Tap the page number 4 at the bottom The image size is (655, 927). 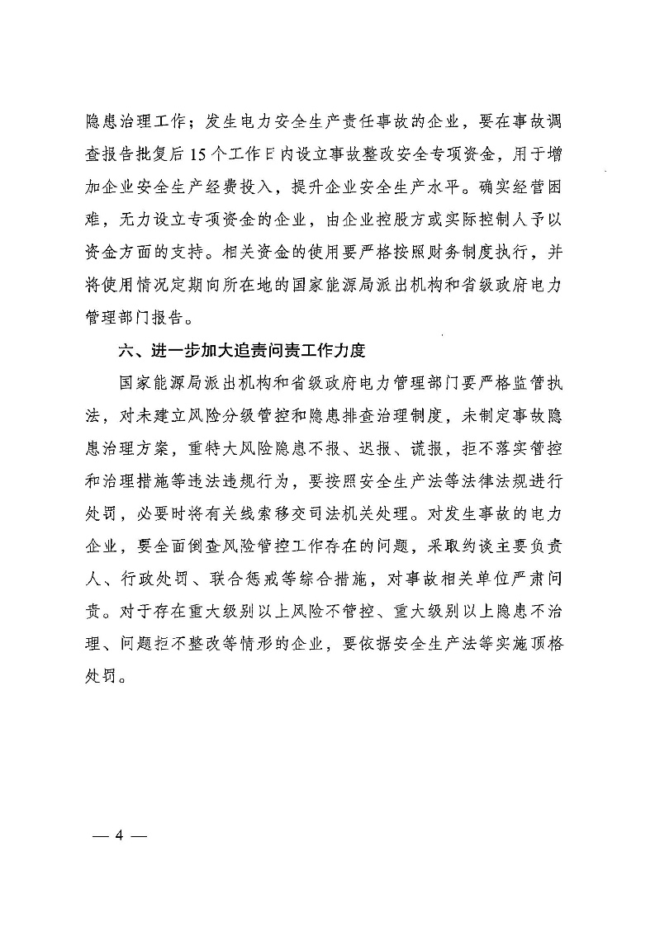[x=119, y=835]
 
